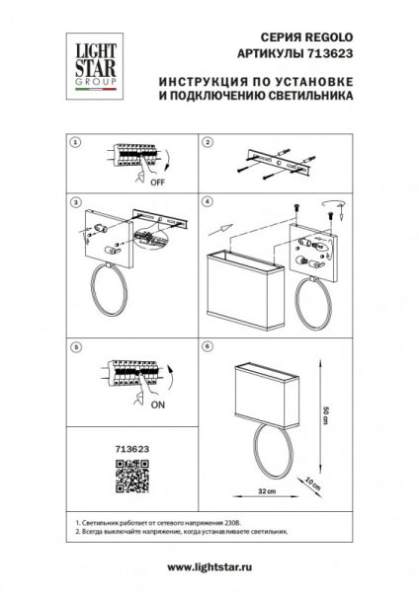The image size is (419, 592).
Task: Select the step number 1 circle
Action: coord(75,143)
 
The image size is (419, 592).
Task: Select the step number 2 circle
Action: coord(208,143)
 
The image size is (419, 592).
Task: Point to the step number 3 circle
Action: coord(75,203)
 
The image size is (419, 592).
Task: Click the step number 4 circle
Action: coord(208,203)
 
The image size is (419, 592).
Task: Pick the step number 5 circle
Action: coord(75,347)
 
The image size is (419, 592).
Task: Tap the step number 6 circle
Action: coord(208,347)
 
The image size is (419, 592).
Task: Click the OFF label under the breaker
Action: coord(158,183)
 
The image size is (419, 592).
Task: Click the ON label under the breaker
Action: coord(158,404)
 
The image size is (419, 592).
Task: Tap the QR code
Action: coord(126,477)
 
